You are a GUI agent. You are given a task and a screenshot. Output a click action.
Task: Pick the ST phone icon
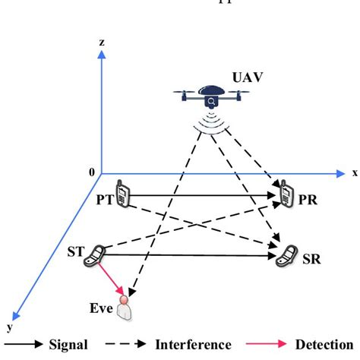click(96, 255)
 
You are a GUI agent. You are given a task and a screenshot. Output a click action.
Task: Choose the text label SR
click(311, 259)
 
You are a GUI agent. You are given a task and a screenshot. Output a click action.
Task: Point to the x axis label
click(353, 172)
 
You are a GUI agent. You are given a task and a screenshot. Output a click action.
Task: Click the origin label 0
click(92, 172)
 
